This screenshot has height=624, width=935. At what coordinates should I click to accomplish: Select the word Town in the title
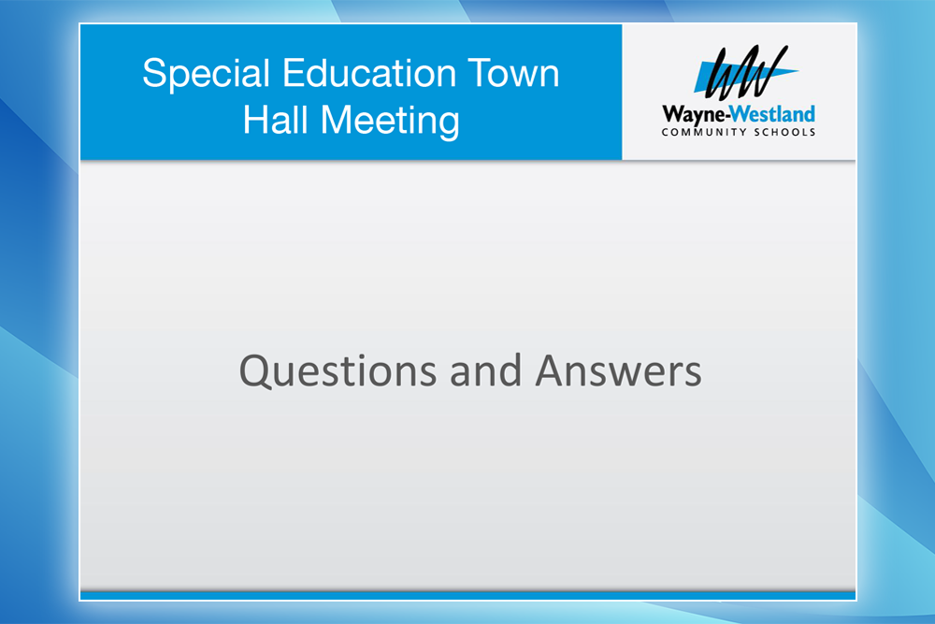point(513,73)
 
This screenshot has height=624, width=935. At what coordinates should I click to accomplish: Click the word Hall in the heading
point(275,120)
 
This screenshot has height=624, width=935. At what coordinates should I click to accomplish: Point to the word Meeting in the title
point(391,122)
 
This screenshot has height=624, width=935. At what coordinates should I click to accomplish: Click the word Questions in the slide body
point(338,371)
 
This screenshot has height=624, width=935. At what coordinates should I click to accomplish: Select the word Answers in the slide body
point(618,370)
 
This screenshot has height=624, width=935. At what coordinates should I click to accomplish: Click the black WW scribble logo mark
point(745,72)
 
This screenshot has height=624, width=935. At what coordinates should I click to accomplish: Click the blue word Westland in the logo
point(773,113)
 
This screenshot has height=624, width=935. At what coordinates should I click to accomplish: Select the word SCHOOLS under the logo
point(784,132)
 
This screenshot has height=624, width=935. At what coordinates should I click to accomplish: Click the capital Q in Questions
point(255,372)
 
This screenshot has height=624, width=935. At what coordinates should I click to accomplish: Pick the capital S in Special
point(155,73)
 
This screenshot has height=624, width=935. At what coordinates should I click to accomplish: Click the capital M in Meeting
point(338,120)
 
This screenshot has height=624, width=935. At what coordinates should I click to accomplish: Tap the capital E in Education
point(295,73)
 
